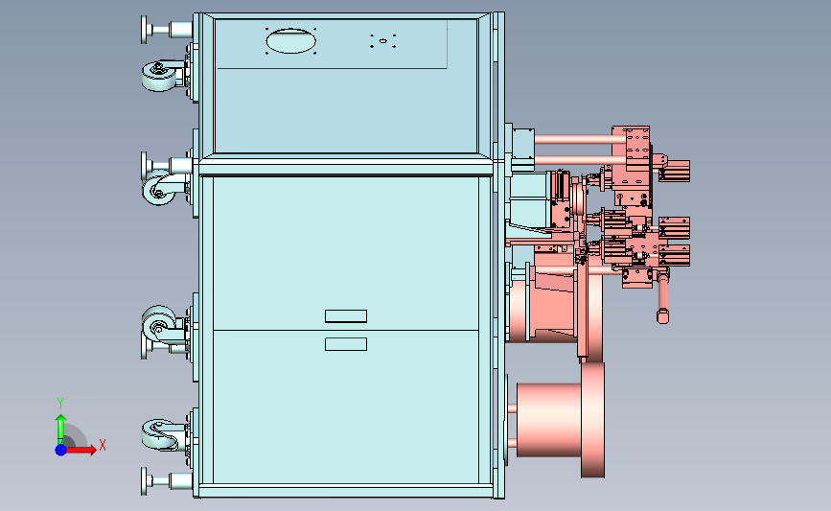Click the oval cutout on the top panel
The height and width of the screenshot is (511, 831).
[291, 41]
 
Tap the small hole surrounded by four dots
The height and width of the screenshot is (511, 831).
[383, 41]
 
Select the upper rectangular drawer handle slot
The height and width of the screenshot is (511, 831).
[346, 316]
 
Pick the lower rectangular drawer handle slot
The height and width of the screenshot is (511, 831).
[346, 344]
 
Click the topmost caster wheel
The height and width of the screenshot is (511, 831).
[159, 76]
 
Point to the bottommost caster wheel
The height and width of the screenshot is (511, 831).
[159, 434]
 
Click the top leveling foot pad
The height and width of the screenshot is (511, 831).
[144, 29]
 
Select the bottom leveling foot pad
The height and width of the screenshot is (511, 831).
[144, 481]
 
